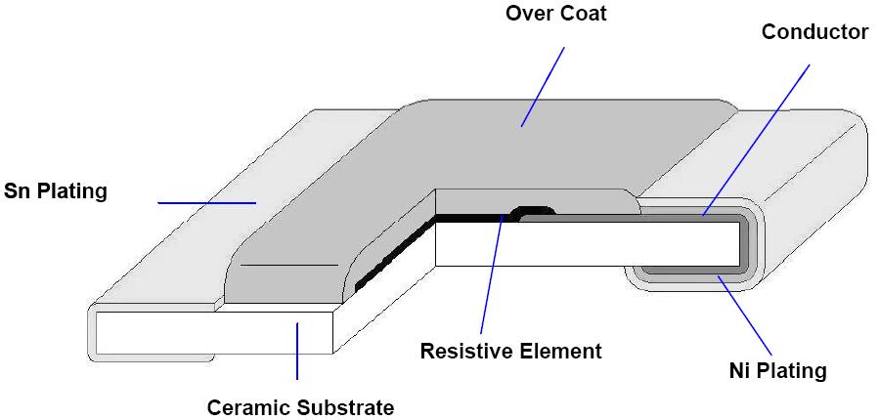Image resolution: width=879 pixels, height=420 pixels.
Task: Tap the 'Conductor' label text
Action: [814, 32]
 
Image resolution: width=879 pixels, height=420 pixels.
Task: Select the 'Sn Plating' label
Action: [55, 190]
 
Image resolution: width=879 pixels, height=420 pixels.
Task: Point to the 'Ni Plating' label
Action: [778, 370]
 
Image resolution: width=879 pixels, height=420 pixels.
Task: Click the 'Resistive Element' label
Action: [511, 351]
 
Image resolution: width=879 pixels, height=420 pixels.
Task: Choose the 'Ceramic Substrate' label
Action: [300, 407]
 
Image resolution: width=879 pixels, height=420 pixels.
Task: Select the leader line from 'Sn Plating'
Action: [205, 203]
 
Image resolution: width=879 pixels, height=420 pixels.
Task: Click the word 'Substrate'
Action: [346, 407]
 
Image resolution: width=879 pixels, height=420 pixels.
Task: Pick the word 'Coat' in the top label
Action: [584, 15]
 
